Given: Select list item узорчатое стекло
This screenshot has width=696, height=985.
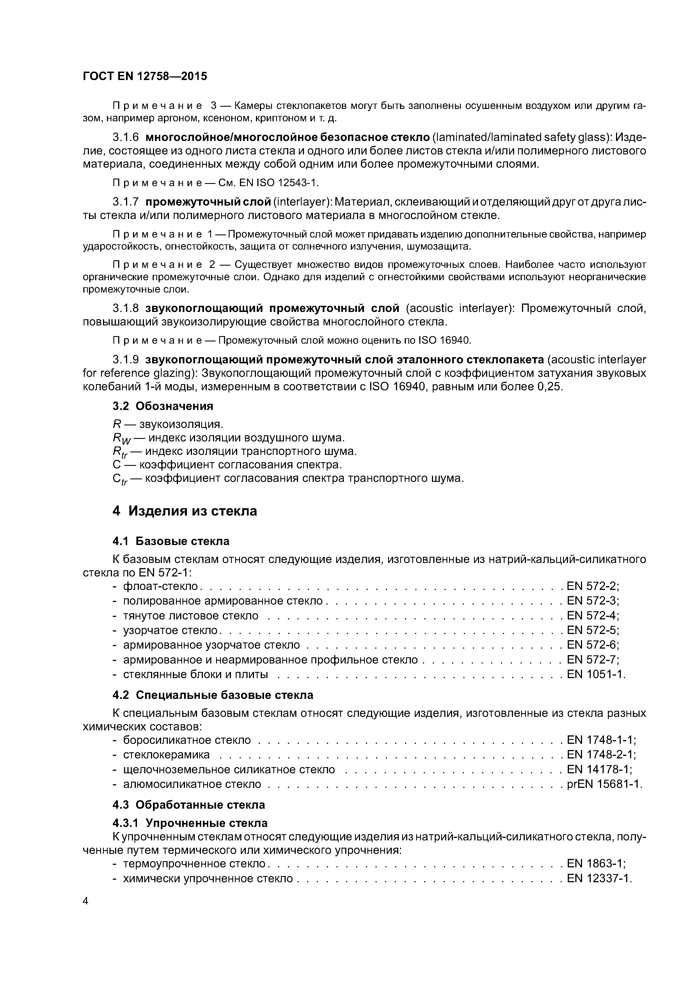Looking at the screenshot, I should point(170,630).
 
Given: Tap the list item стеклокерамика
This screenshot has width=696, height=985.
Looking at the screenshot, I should point(166,755).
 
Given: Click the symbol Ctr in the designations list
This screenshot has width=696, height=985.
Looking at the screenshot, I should point(119,479).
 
